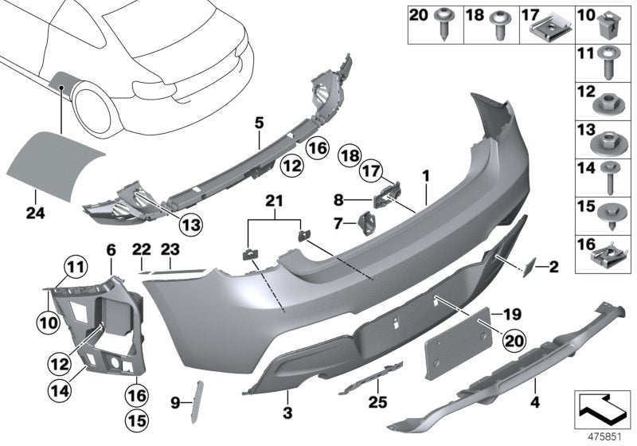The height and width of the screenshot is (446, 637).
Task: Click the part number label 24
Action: pos(34,191)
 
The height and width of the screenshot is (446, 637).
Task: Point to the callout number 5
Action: pos(259,123)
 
